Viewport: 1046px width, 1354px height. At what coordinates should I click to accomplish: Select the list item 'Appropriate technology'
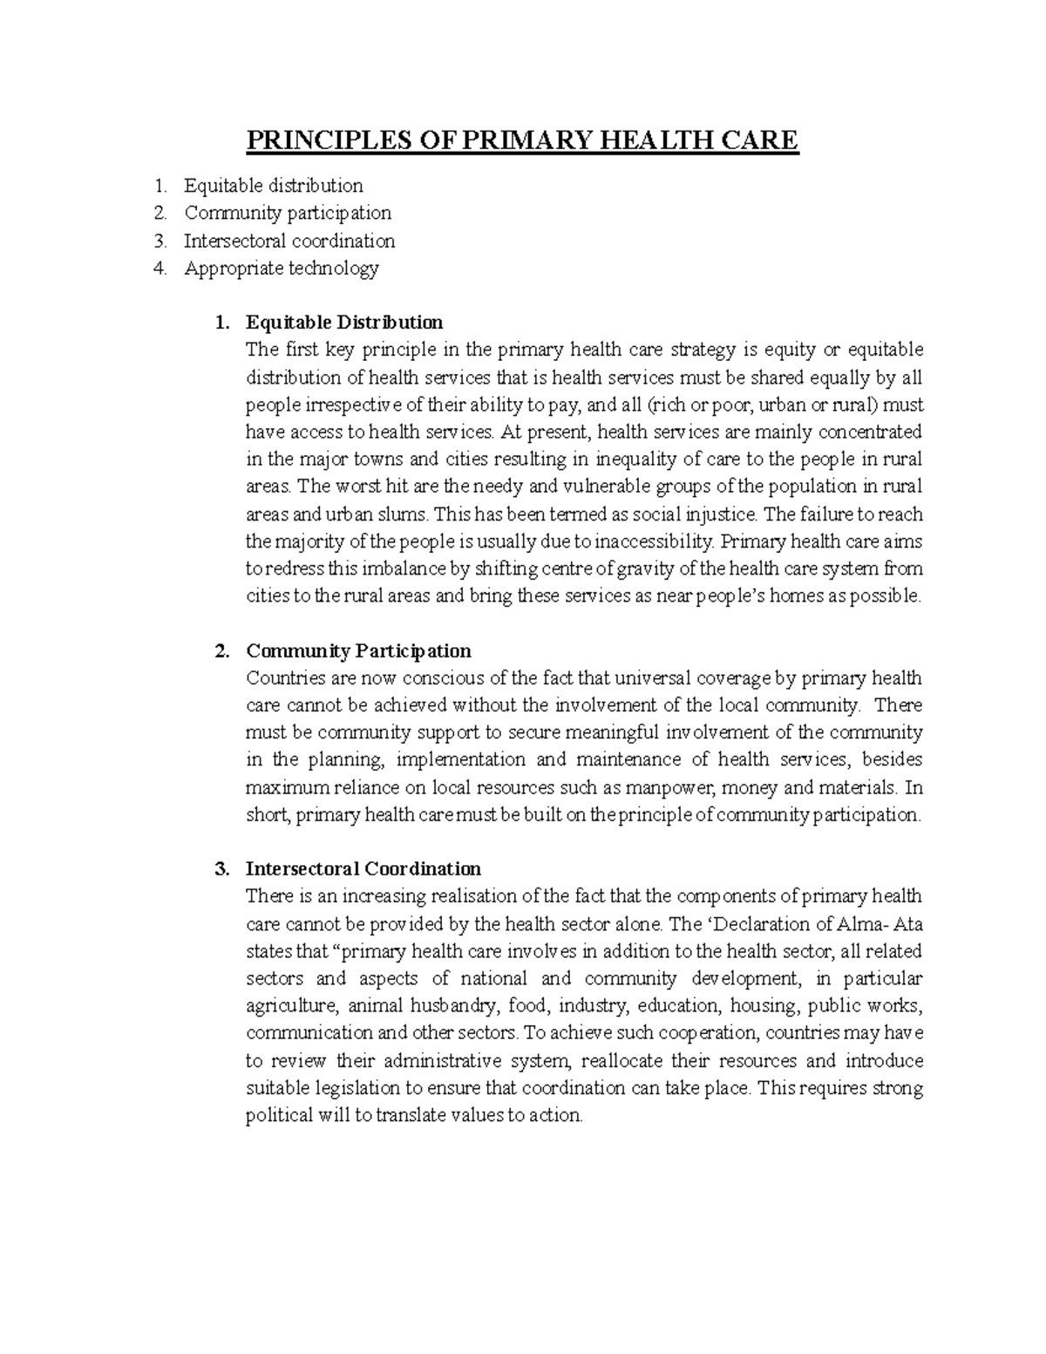click(x=281, y=268)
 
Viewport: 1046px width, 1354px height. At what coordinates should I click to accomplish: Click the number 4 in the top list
click(x=158, y=268)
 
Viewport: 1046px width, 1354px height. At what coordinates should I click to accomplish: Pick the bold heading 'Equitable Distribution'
click(x=344, y=323)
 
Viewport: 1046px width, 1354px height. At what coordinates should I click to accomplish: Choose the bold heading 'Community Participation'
click(x=358, y=651)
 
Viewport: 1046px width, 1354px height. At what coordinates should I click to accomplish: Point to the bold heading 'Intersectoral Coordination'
click(x=363, y=869)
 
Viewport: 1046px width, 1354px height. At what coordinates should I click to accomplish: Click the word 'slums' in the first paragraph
click(x=404, y=514)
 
